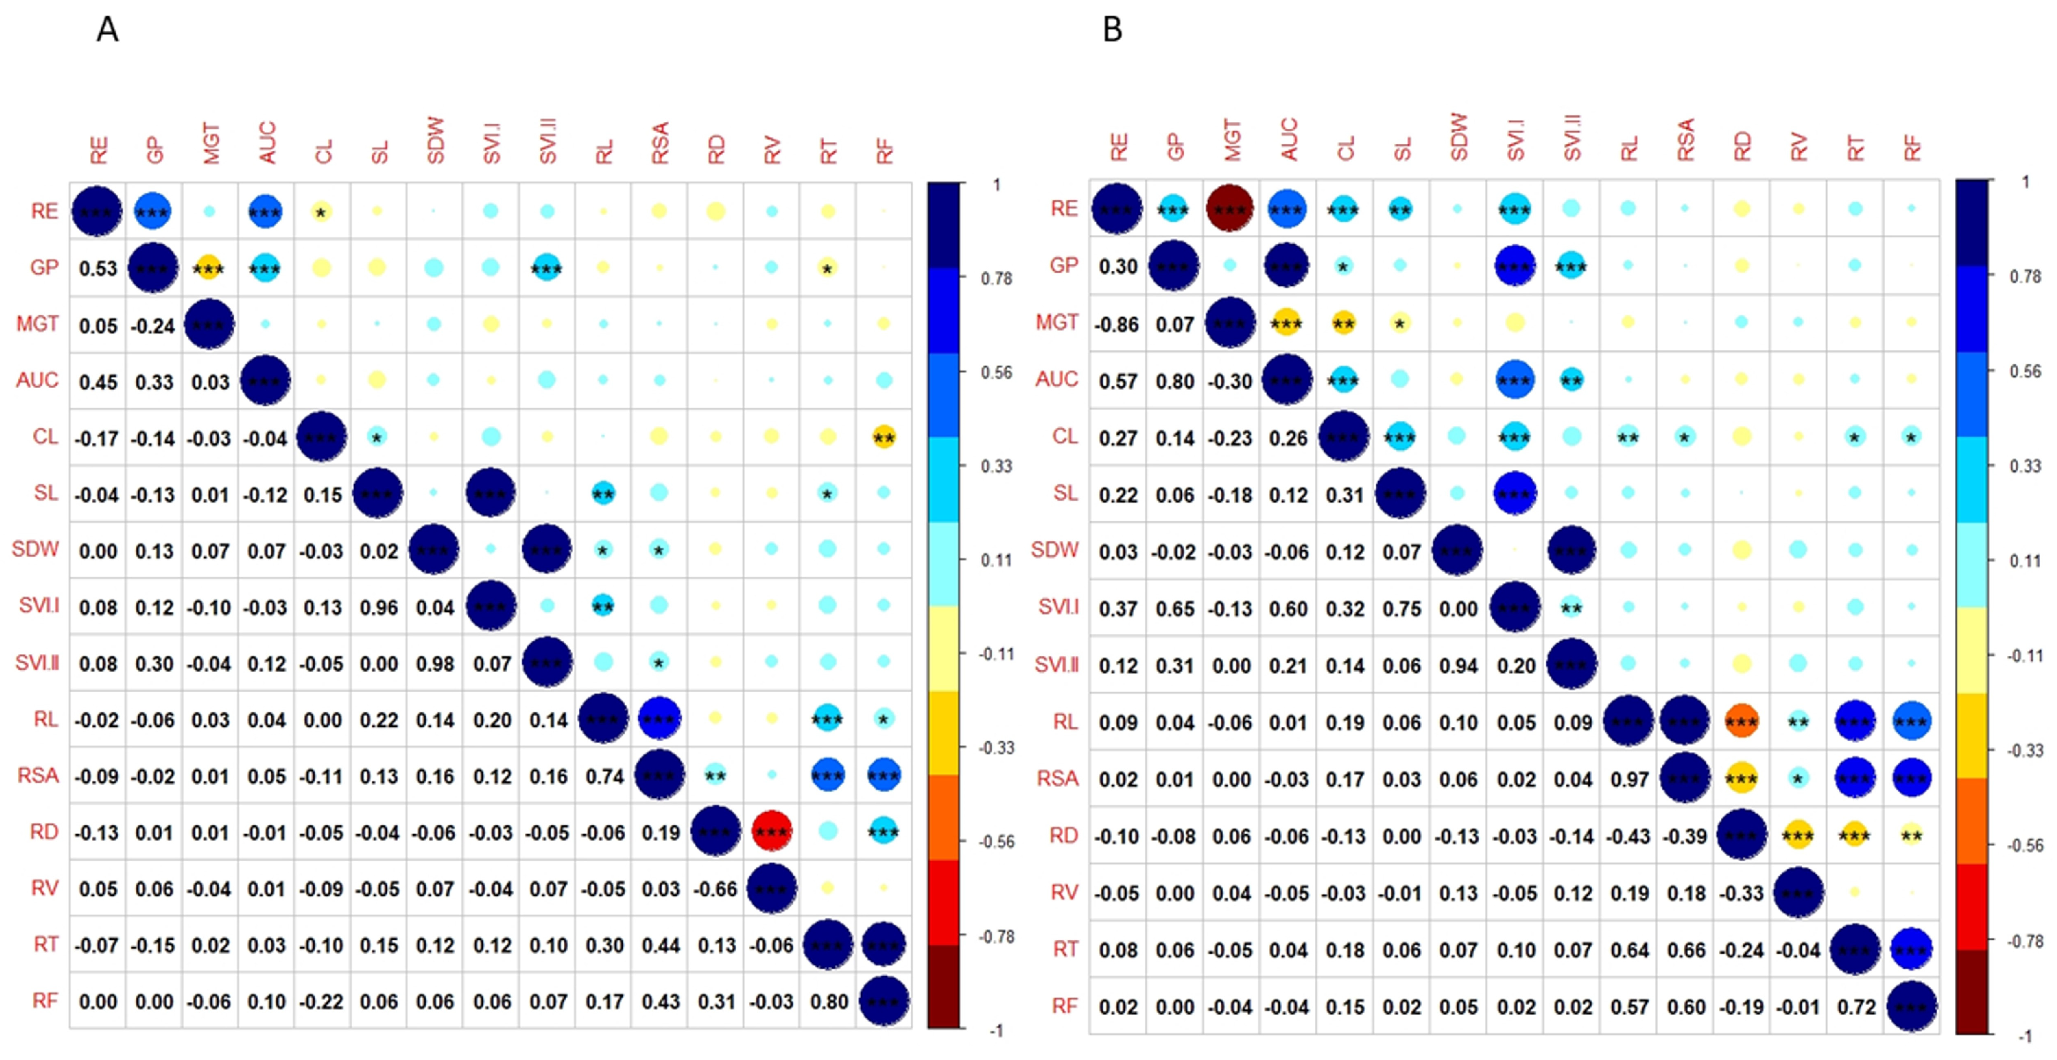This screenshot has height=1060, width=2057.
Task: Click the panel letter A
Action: tap(107, 30)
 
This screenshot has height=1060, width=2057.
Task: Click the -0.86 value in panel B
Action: tap(1117, 324)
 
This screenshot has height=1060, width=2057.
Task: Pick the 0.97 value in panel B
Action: tap(1629, 778)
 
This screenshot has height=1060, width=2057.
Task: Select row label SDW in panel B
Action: tap(1054, 550)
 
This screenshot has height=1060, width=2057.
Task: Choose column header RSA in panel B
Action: tap(1685, 140)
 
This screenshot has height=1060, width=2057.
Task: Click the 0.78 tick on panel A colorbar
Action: tap(996, 278)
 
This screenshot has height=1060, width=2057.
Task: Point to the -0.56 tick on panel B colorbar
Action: tap(2024, 845)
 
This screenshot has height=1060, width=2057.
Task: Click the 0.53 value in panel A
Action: tap(98, 268)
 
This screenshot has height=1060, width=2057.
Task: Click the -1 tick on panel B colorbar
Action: tap(2024, 1035)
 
